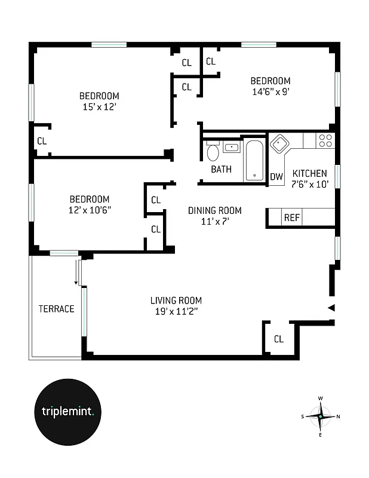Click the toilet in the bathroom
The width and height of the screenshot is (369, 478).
213,153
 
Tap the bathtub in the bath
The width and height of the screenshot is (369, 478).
254,160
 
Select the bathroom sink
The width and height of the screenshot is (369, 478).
231,147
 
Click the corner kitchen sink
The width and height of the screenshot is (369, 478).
278,143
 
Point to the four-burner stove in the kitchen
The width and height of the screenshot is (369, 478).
325,140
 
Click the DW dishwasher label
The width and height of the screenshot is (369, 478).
276,177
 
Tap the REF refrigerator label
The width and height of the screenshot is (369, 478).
291,217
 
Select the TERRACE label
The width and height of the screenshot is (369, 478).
57,309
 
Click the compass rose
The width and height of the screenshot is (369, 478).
321,416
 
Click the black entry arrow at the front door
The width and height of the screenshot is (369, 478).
331,308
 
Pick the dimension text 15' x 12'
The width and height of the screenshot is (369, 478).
99,107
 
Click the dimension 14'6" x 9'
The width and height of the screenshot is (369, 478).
270,92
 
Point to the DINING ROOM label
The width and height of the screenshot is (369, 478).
214,210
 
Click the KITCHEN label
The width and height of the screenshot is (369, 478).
309,173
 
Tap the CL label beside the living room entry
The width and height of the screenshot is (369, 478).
279,339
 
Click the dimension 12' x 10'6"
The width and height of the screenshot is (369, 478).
90,210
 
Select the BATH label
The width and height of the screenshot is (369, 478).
221,170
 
